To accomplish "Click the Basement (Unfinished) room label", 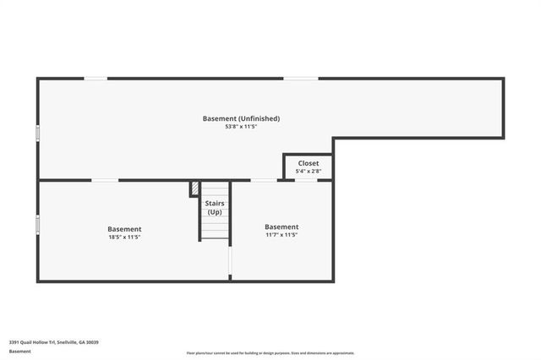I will click(241, 118).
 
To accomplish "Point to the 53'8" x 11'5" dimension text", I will click(241, 128).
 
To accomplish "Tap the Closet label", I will click(308, 163).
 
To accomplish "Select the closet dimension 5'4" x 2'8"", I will click(308, 172).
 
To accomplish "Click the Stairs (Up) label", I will click(215, 207).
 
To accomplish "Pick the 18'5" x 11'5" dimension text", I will click(124, 237).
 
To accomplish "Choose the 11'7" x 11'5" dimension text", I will click(281, 235).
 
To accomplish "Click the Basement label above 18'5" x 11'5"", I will click(124, 229).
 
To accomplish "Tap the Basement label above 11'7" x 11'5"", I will click(281, 226).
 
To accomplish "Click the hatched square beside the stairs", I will click(194, 188).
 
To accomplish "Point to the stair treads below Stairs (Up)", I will click(215, 226).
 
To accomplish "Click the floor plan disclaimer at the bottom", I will click(270, 353).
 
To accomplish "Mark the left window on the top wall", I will click(96, 79).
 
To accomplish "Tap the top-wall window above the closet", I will click(300, 79).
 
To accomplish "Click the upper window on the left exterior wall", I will click(37, 134).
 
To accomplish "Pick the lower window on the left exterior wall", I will click(37, 223).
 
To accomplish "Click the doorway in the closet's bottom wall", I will click(305, 180).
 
